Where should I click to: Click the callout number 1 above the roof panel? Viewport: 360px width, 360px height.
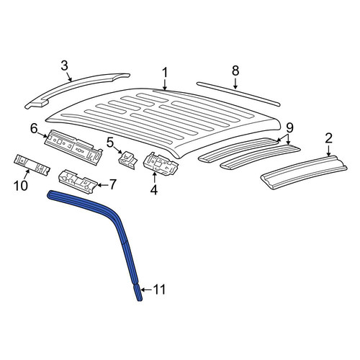tap(165, 72)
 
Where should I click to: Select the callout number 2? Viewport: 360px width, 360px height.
tap(328, 138)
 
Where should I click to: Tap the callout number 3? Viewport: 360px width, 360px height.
tap(64, 66)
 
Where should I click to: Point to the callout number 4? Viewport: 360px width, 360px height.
tap(154, 190)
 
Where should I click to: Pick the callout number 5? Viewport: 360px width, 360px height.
tap(110, 143)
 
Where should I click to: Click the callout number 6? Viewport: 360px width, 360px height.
tap(34, 129)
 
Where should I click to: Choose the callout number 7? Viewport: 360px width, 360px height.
tap(112, 184)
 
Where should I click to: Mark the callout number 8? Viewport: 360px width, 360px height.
tap(235, 71)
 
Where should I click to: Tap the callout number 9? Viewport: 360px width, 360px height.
tap(289, 127)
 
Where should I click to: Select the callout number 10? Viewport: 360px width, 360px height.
tap(21, 186)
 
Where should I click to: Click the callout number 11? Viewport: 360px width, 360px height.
tap(159, 289)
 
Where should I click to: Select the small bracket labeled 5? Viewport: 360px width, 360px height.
tap(128, 159)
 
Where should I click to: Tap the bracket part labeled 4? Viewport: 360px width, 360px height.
tap(161, 163)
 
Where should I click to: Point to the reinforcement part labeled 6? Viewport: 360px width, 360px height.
tap(73, 147)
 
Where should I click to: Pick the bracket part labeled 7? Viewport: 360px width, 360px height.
tap(78, 181)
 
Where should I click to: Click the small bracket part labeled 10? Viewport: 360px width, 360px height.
tap(32, 165)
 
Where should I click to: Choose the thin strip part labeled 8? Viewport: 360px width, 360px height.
tap(238, 94)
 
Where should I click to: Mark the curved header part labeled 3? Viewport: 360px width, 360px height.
tap(77, 91)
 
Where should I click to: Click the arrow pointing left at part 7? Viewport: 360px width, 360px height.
tap(102, 185)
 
